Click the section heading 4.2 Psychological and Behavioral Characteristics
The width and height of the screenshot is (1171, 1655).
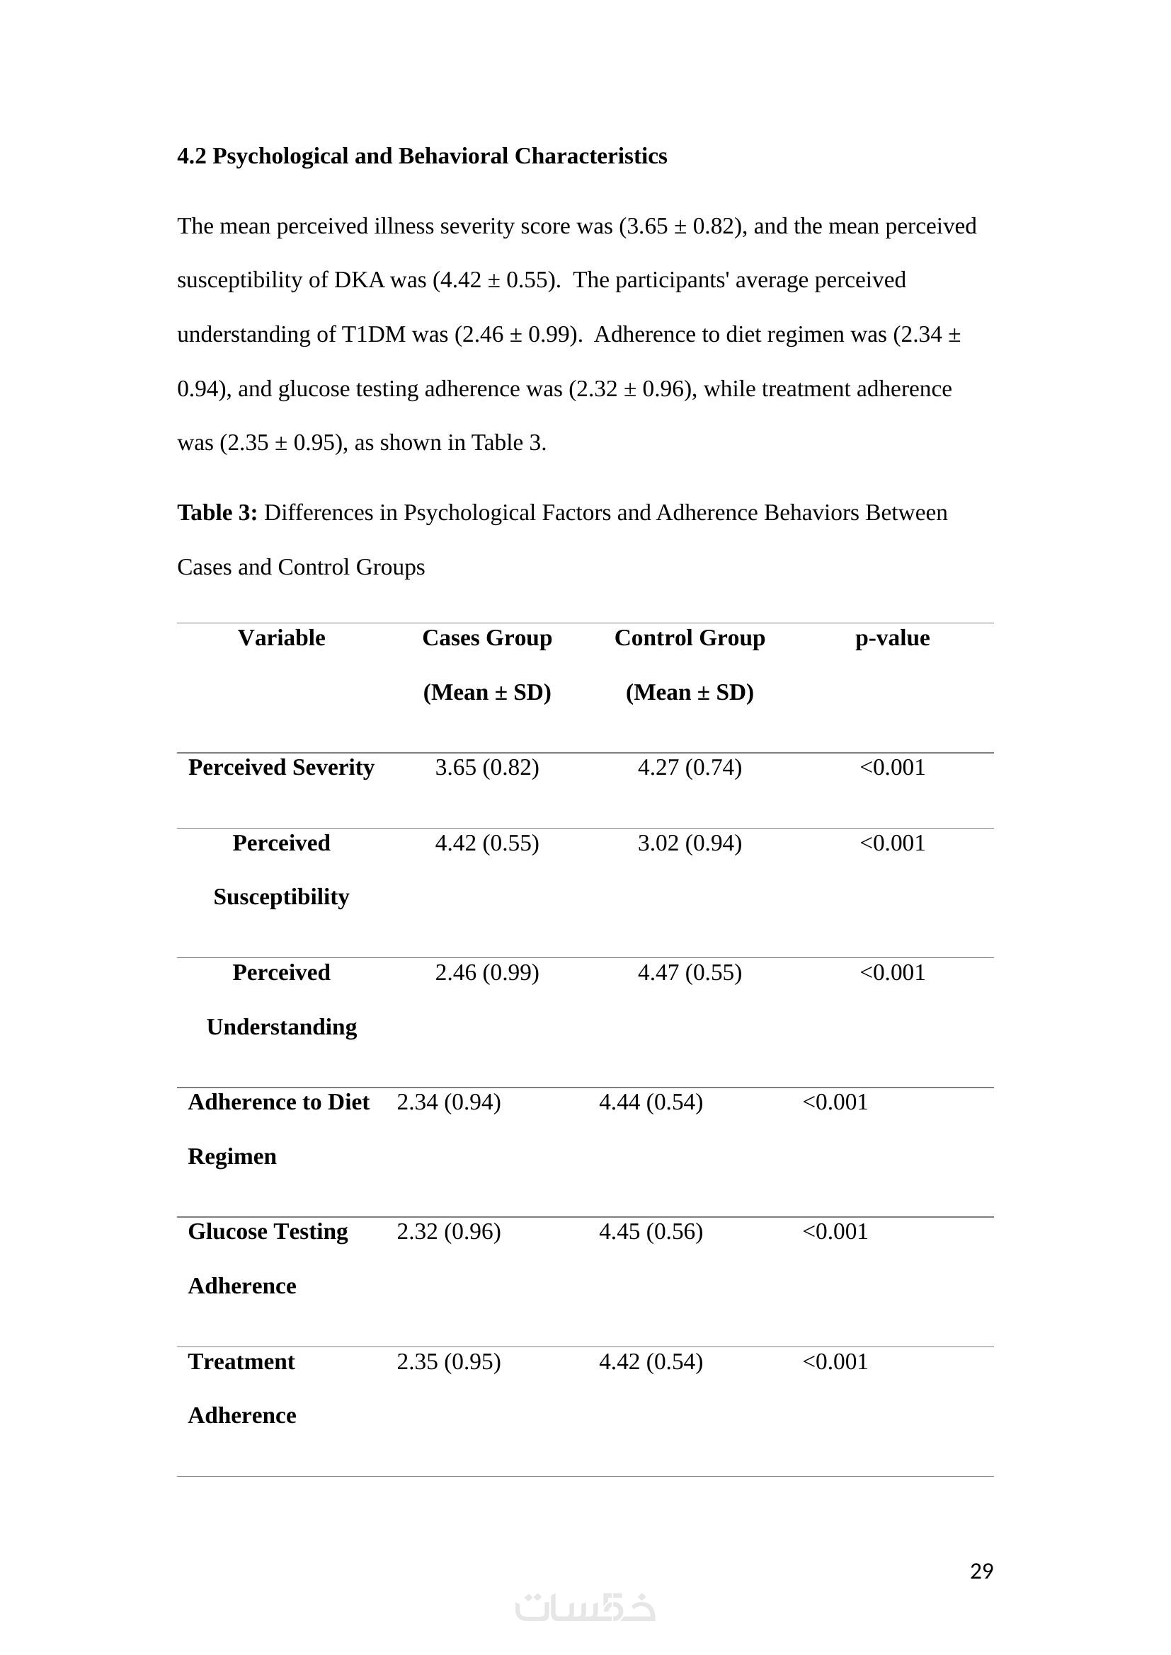click(x=422, y=156)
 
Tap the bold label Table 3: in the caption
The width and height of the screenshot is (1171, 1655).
click(x=217, y=512)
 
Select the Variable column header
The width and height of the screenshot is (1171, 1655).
click(x=281, y=638)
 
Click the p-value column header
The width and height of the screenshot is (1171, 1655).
click(x=892, y=638)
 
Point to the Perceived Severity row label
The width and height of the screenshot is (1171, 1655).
click(x=281, y=767)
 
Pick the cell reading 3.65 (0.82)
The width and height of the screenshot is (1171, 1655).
click(x=486, y=767)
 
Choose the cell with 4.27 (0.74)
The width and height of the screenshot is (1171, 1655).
click(x=690, y=767)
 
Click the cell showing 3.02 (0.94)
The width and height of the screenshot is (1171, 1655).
click(x=690, y=843)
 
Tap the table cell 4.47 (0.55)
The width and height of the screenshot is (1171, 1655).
click(x=690, y=972)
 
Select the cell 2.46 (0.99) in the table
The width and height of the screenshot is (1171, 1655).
click(x=486, y=972)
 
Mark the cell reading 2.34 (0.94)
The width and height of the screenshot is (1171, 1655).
click(x=448, y=1102)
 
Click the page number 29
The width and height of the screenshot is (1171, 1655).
click(x=981, y=1571)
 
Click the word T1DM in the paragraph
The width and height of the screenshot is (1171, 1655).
click(x=374, y=335)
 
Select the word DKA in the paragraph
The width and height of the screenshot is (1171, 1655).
click(x=359, y=279)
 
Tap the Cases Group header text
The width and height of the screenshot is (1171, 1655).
click(x=486, y=638)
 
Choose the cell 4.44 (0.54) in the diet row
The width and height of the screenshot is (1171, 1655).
click(x=651, y=1102)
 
